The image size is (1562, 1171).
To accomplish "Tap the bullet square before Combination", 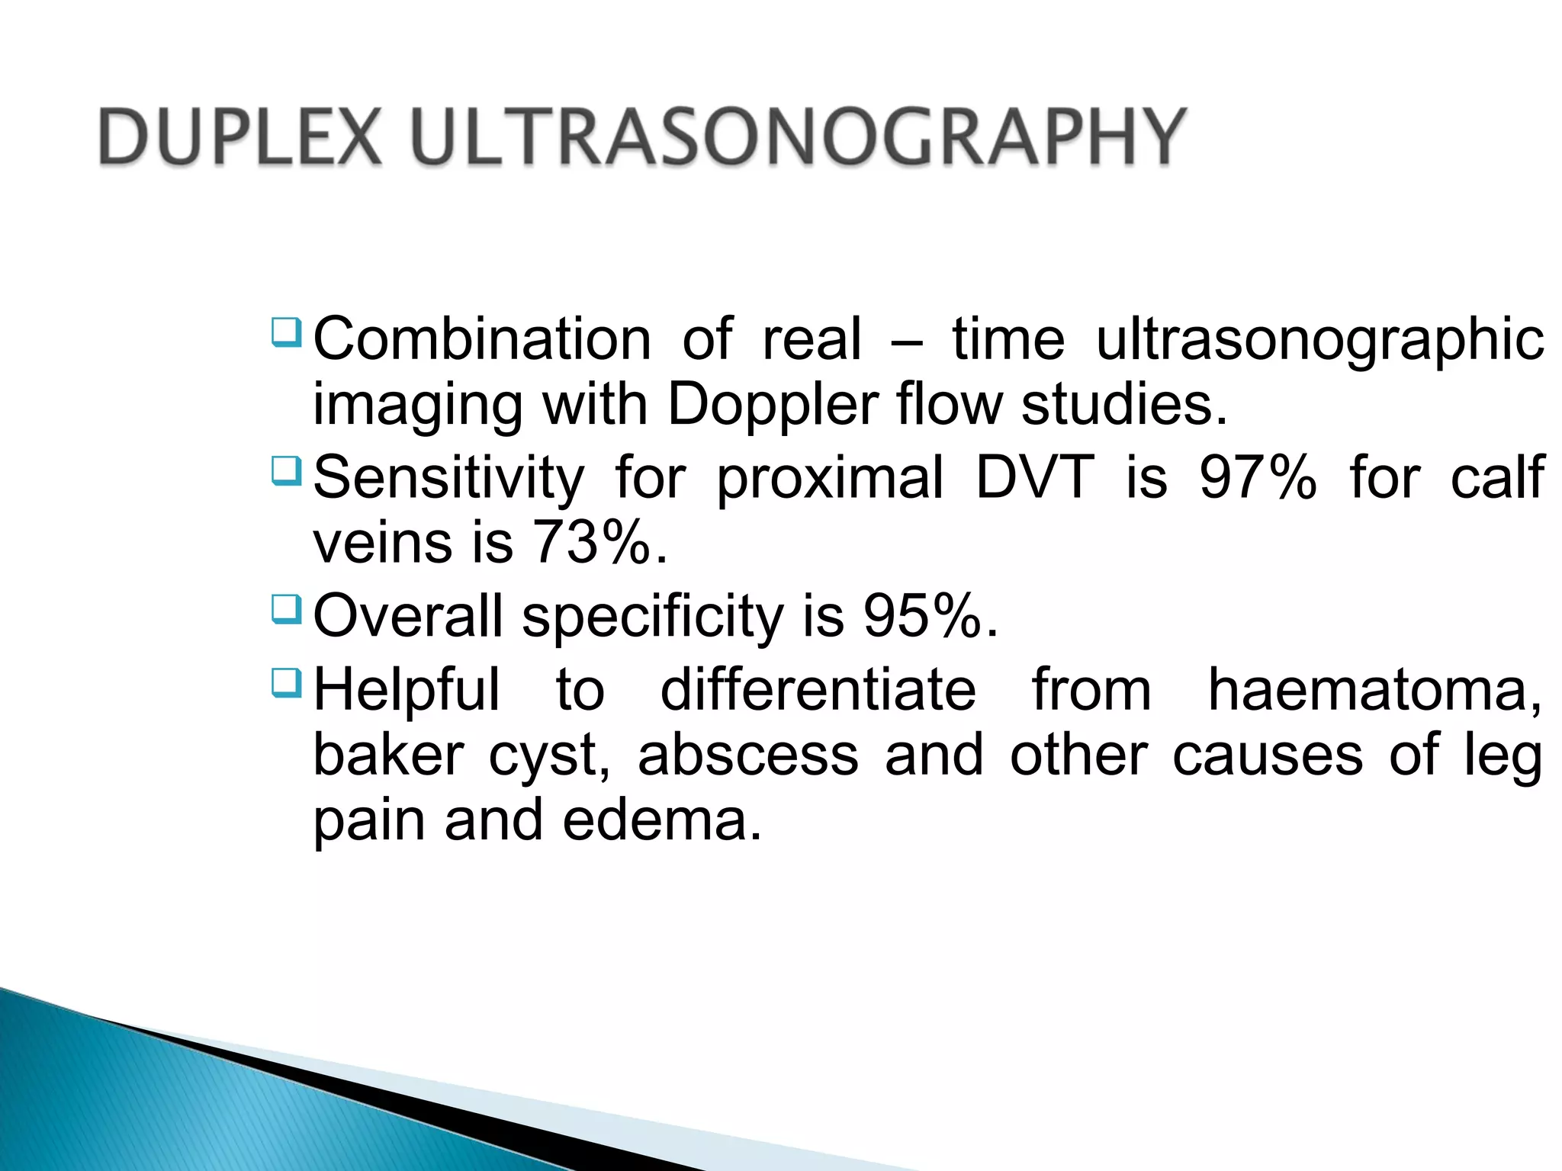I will (287, 332).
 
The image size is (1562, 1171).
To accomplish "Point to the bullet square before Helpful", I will (287, 682).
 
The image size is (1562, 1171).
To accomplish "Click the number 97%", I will (1258, 478).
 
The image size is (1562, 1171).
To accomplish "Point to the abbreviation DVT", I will (1035, 478).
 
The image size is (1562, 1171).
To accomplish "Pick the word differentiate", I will (818, 690).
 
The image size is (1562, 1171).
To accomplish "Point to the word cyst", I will (548, 756).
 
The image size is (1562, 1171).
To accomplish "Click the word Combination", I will (482, 340).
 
